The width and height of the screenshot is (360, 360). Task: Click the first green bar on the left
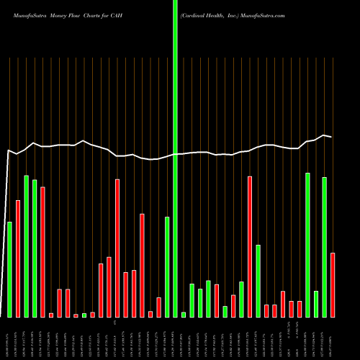(x=9, y=269)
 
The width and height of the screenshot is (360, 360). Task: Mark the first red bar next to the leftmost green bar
(x=18, y=258)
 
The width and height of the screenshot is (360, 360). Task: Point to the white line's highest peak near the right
(x=325, y=135)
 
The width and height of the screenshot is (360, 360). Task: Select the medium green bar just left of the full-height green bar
(x=167, y=266)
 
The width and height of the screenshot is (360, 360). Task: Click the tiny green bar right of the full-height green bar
(x=184, y=315)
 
